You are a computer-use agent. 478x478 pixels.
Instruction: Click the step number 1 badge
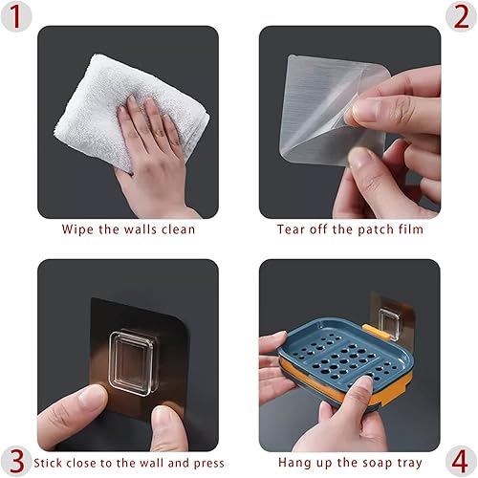pos(16,16)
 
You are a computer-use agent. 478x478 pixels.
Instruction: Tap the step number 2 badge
pos(461,16)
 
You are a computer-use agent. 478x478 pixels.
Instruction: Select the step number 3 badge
pos(16,461)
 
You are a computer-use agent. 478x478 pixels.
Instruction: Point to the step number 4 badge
pos(461,461)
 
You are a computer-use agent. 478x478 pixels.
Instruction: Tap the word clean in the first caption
pos(178,229)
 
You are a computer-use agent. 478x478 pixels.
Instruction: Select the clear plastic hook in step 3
pos(133,361)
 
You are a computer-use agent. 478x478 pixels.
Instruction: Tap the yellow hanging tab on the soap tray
pos(377,331)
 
